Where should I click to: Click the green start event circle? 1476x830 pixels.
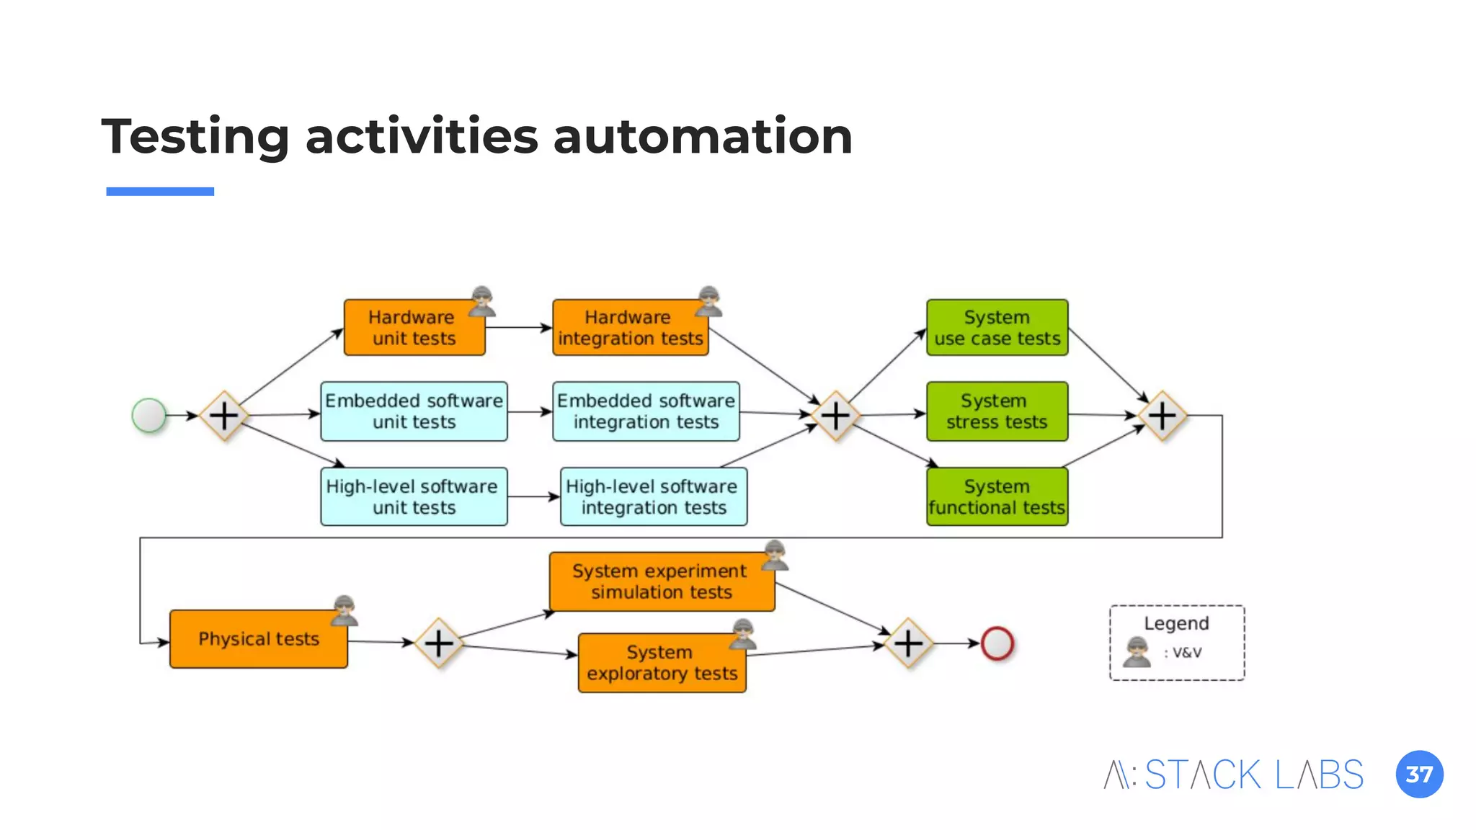point(149,415)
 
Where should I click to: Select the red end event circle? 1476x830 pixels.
point(997,643)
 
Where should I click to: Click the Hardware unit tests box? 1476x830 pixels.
point(414,328)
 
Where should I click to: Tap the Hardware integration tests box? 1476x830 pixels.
point(630,328)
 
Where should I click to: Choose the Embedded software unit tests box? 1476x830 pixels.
point(414,411)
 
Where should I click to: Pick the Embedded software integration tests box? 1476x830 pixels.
point(646,411)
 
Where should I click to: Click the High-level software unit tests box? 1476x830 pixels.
point(414,496)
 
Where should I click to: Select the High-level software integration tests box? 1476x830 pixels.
point(653,496)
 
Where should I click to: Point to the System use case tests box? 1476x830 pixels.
point(997,328)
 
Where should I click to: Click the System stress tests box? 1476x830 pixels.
point(997,411)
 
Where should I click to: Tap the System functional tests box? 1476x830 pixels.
point(997,496)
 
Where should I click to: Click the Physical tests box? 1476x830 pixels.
point(258,639)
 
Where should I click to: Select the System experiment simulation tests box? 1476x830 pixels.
point(661,581)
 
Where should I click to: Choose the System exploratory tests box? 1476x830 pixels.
point(661,663)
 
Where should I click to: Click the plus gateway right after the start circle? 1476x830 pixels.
point(224,416)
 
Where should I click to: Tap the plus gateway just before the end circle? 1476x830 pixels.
point(908,643)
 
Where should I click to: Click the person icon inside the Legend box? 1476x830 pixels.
point(1137,652)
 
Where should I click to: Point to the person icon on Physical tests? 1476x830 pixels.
point(344,610)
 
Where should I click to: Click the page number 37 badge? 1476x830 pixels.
point(1419,775)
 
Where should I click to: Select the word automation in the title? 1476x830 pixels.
point(702,136)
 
